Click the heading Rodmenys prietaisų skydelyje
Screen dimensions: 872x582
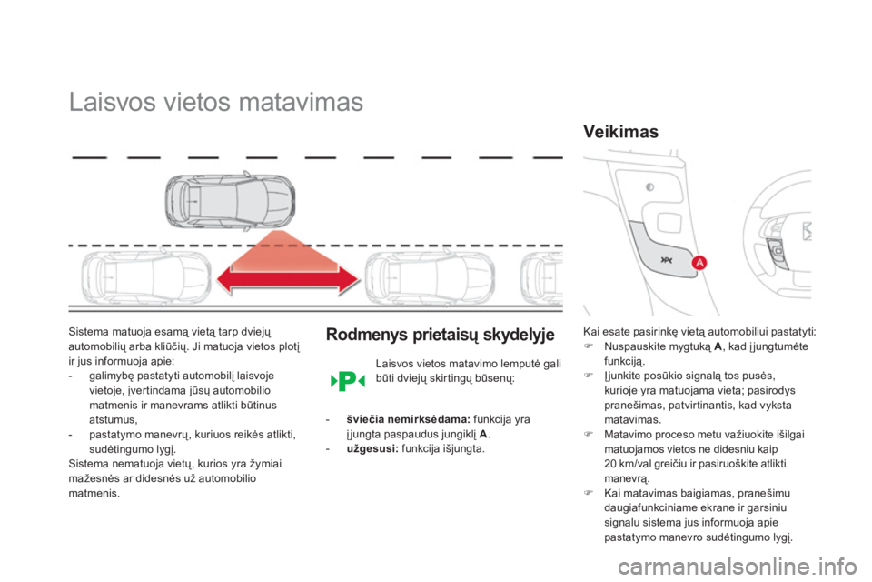(440, 335)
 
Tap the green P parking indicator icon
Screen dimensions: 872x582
(346, 380)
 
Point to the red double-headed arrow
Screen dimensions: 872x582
(289, 283)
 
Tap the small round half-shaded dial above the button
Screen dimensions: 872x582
(650, 188)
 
